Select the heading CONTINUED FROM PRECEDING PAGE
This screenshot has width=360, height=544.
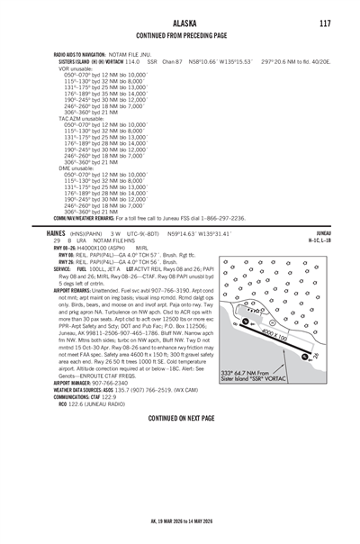pos(182,38)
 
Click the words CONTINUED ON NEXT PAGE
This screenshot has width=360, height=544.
pos(181,419)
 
